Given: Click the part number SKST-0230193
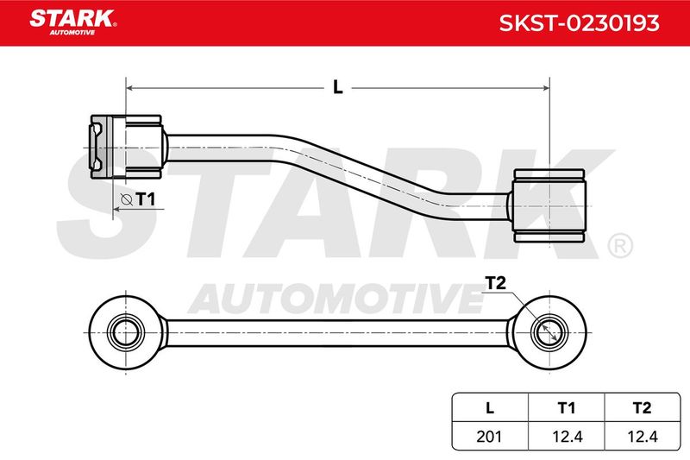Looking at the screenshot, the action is [x=579, y=23].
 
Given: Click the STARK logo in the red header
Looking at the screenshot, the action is [x=72, y=22].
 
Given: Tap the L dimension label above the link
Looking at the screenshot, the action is [x=337, y=87].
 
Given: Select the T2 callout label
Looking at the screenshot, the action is [x=495, y=283].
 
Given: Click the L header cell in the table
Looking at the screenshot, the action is [x=490, y=408].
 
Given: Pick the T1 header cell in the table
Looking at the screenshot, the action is [x=567, y=408].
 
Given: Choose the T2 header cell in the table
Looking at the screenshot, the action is [x=643, y=408].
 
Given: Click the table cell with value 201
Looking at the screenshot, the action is [x=490, y=436].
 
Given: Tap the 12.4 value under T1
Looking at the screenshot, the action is [x=567, y=436].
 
